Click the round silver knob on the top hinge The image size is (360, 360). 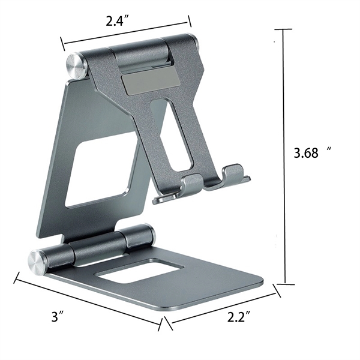(x=77, y=65)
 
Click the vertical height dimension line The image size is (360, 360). (x=284, y=156)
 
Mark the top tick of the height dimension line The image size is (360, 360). (x=284, y=29)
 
